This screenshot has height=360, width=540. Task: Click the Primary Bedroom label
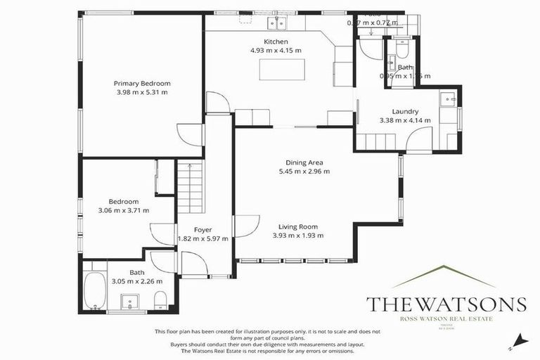pyautogui.click(x=142, y=83)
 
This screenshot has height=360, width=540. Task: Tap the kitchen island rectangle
pyautogui.click(x=281, y=70)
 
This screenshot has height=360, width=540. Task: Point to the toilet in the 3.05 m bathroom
pyautogui.click(x=160, y=302)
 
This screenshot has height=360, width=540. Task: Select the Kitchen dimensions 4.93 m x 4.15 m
pyautogui.click(x=276, y=51)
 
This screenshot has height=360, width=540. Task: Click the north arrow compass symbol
pyautogui.click(x=519, y=340)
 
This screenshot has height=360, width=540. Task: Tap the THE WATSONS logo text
pyautogui.click(x=446, y=304)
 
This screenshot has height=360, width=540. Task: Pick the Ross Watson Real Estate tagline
pyautogui.click(x=446, y=319)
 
